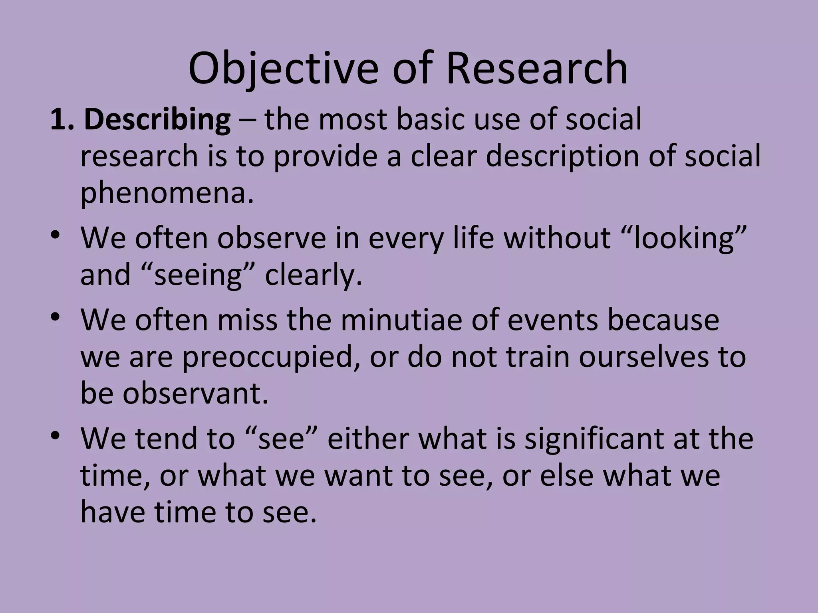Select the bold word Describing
coord(157,120)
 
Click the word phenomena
coord(167,193)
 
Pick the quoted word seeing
coord(199,275)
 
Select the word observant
coord(195,394)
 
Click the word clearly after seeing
coord(313,275)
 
